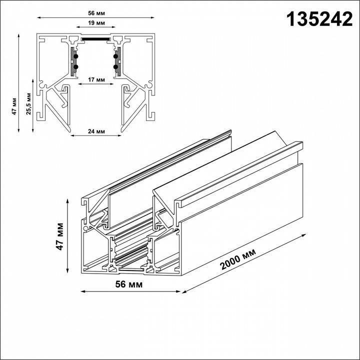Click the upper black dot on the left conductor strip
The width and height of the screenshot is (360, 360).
[x=75, y=55]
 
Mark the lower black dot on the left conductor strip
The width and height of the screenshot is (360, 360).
[x=75, y=66]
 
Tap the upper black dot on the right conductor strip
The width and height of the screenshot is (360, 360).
[x=115, y=55]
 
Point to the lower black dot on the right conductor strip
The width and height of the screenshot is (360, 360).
[x=115, y=66]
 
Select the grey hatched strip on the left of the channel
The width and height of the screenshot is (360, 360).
[x=73, y=61]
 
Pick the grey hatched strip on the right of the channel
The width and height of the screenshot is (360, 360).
[x=118, y=61]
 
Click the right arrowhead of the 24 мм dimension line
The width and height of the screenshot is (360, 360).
[x=120, y=135]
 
